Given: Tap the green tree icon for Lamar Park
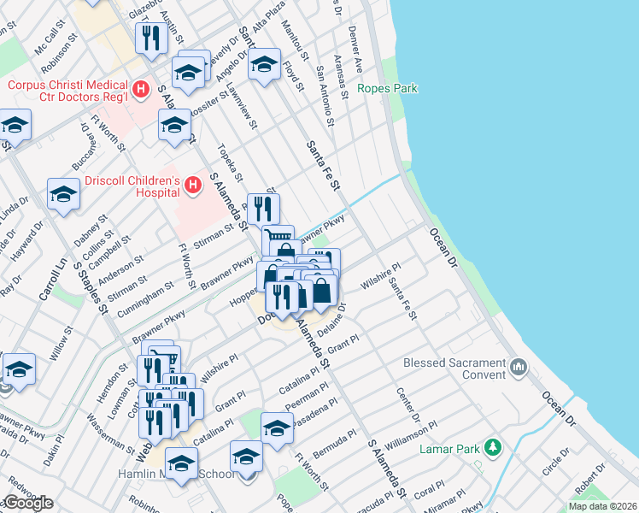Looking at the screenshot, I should click(x=491, y=447).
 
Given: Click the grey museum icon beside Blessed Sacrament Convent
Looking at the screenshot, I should click(x=518, y=368).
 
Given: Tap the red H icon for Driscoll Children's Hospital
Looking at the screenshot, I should click(x=193, y=184).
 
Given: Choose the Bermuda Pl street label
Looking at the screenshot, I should click(x=333, y=445).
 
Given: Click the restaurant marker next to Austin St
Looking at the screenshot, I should click(x=149, y=38).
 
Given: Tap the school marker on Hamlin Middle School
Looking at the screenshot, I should click(x=181, y=463).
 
